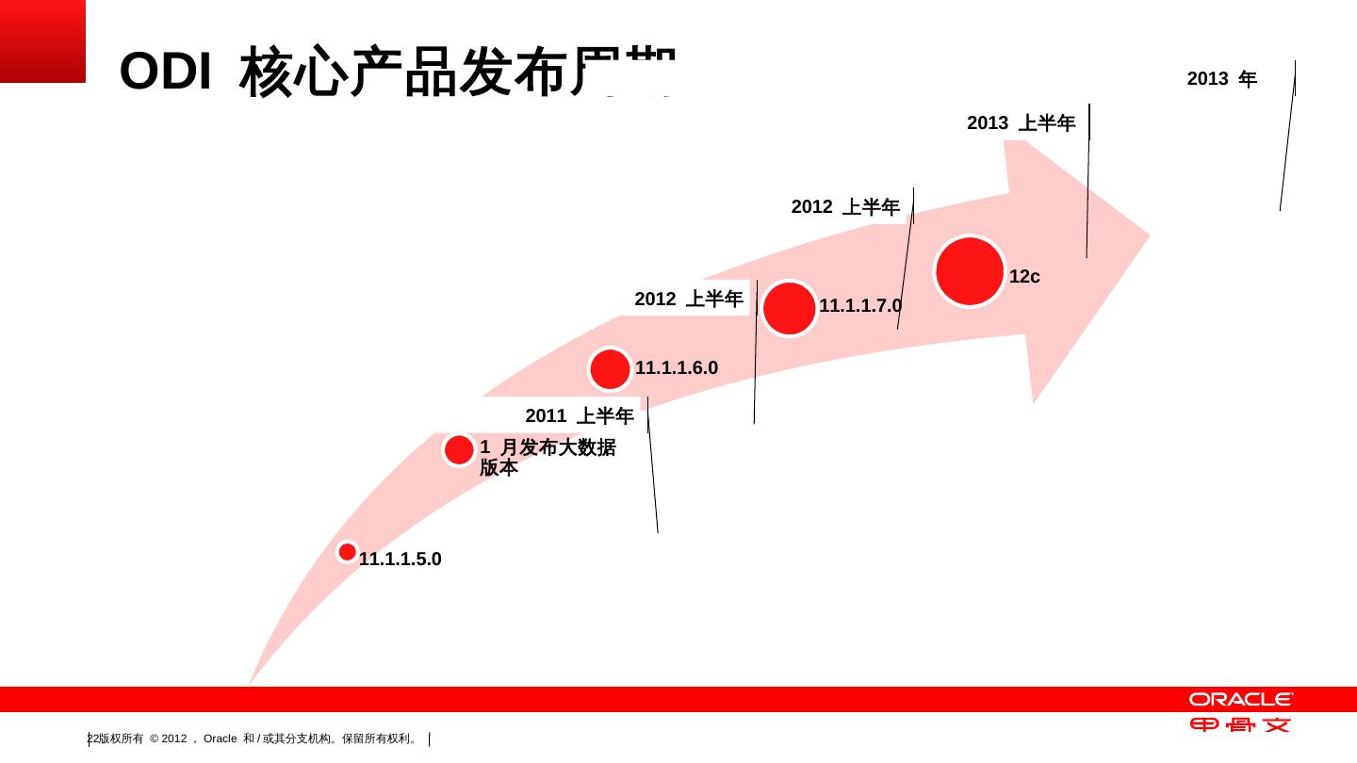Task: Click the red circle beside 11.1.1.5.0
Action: tap(348, 552)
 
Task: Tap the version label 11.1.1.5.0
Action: tap(401, 560)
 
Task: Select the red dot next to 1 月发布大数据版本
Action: tap(459, 450)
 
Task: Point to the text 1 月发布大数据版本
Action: tap(547, 457)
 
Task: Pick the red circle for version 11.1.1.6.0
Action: tap(610, 369)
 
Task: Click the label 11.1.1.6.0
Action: tap(677, 368)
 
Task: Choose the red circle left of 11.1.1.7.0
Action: tap(789, 308)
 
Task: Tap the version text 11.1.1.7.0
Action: tap(860, 306)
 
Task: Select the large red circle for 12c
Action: tap(970, 271)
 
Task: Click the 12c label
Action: tap(1024, 277)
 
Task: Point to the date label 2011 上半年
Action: tap(580, 416)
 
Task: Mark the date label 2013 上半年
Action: tap(1022, 123)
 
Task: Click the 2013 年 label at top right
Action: tap(1221, 79)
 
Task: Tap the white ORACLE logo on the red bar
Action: tap(1240, 699)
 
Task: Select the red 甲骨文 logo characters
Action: tap(1240, 725)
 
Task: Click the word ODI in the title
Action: tap(165, 73)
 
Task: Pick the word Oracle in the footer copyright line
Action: tap(221, 739)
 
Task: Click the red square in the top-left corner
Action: tap(42, 41)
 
